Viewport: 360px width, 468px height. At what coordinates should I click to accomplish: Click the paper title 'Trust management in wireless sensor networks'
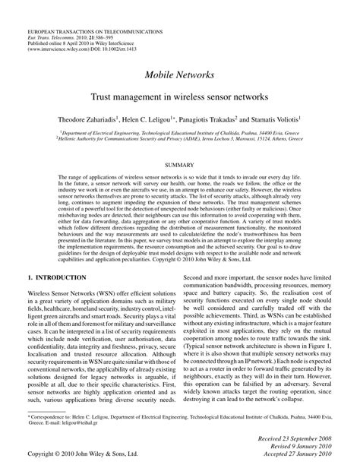tap(180, 98)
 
